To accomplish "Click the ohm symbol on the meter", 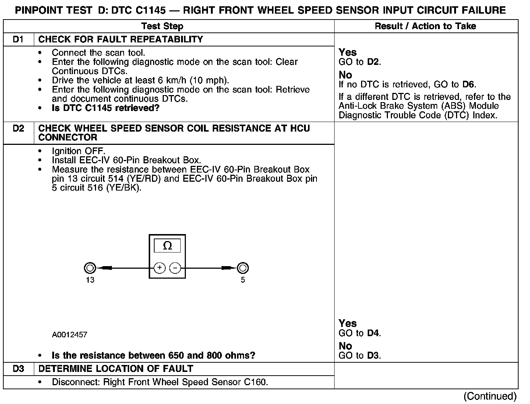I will (167, 246).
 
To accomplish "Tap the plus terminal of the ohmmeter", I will (159, 268).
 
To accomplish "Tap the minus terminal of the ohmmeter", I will (175, 268).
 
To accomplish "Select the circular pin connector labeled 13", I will (90, 268).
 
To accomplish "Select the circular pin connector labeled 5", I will (243, 268).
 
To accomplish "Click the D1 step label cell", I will (18, 39).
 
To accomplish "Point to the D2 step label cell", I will (18, 128).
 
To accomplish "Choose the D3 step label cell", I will (18, 369).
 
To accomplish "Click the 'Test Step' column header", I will (162, 26).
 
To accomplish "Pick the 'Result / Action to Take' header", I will (425, 26).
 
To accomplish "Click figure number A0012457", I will (70, 335).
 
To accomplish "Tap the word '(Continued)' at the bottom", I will (490, 396).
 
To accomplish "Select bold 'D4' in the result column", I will (373, 333).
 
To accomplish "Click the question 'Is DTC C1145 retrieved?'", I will (106, 108).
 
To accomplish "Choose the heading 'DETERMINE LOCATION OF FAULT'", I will (116, 369).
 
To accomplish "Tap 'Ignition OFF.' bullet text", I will (78, 151).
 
